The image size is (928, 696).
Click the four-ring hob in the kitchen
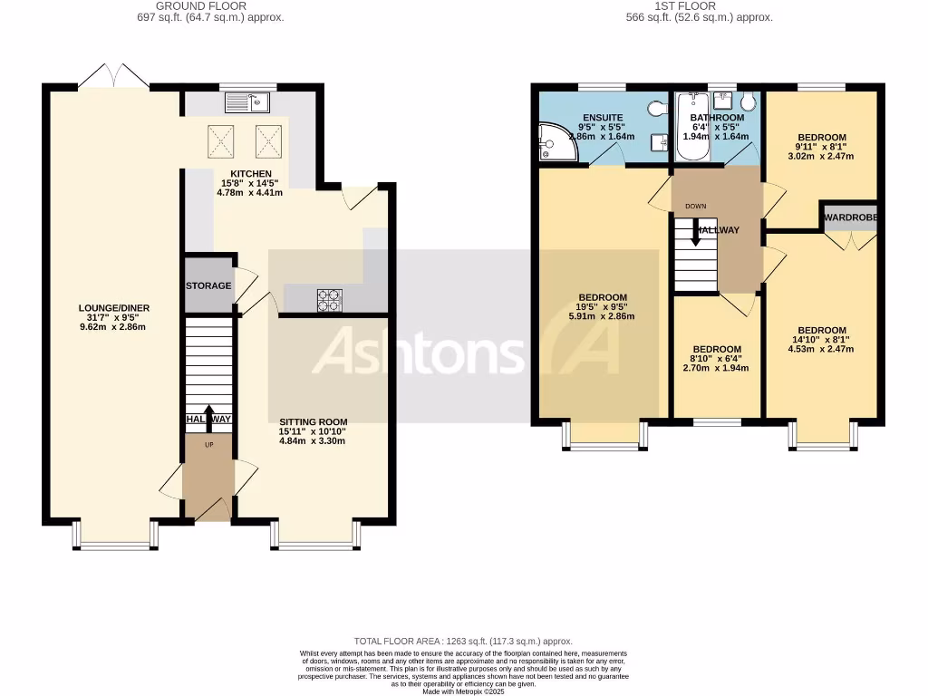click(x=329, y=300)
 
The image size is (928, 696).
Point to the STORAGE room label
click(x=208, y=285)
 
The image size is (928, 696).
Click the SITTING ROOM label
click(x=313, y=421)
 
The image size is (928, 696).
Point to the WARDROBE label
click(x=850, y=218)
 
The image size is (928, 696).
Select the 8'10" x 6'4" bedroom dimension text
click(x=717, y=359)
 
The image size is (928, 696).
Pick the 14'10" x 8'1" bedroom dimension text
click(x=821, y=340)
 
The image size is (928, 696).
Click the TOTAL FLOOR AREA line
click(x=463, y=641)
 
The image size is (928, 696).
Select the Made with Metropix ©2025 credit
click(x=463, y=691)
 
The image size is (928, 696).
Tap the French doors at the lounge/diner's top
click(x=113, y=76)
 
